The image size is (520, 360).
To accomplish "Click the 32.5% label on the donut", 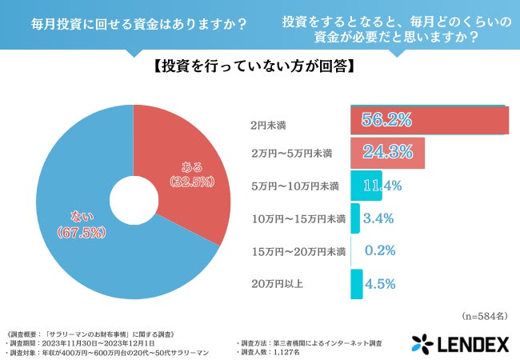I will click(191, 182).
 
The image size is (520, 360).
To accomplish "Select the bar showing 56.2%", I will click(429, 120).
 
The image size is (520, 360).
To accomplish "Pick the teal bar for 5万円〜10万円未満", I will click(366, 186).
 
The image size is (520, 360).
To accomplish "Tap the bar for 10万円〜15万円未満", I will click(354, 218).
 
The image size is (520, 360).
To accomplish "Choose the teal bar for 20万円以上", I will click(356, 283).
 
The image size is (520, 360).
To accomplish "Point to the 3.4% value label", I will click(378, 218).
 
